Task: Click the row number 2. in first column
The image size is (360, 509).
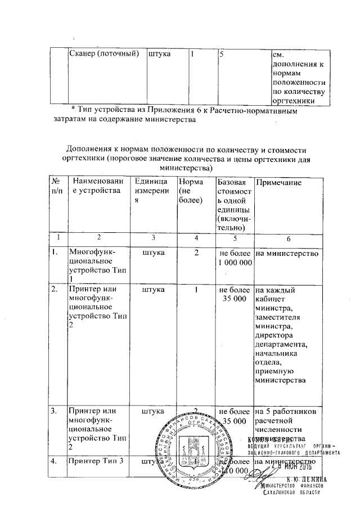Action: [55, 290]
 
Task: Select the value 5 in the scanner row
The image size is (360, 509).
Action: [223, 55]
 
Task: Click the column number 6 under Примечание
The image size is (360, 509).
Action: [288, 238]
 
